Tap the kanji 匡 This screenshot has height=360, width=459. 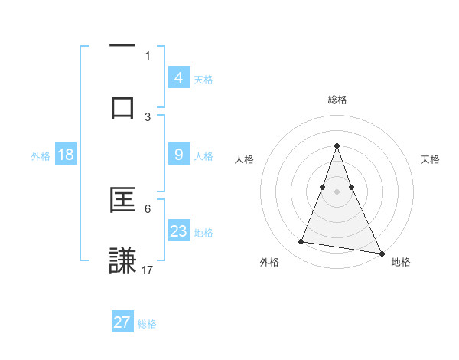click(122, 201)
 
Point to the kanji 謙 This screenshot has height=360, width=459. click(122, 260)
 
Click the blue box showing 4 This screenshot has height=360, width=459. click(178, 77)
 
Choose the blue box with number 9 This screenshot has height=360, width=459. click(178, 155)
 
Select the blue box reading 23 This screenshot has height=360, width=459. click(178, 231)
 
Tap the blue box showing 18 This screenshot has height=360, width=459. click(66, 155)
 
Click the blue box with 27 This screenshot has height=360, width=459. click(122, 322)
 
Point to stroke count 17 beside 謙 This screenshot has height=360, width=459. click(148, 270)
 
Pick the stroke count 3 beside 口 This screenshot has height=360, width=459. click(148, 116)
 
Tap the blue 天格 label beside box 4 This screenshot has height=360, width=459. click(203, 80)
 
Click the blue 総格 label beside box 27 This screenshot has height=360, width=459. click(147, 324)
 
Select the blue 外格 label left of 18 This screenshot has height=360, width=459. click(41, 156)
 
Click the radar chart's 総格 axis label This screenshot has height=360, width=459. click(337, 100)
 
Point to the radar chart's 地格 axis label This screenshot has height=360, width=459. click(401, 262)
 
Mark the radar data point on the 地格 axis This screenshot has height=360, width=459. click(381, 252)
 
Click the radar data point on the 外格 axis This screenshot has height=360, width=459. click(301, 242)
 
